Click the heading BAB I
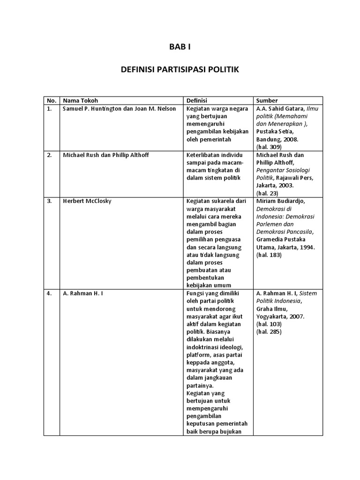click(180, 47)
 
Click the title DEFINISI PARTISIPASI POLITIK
click(180, 70)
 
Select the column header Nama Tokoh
click(81, 100)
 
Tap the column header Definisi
click(197, 100)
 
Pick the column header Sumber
click(267, 100)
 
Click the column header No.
click(52, 100)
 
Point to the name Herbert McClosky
click(87, 201)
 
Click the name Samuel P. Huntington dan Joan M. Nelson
click(119, 109)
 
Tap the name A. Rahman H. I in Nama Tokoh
click(82, 294)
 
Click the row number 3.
click(49, 201)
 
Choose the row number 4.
click(49, 294)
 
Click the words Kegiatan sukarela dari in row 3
click(213, 201)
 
